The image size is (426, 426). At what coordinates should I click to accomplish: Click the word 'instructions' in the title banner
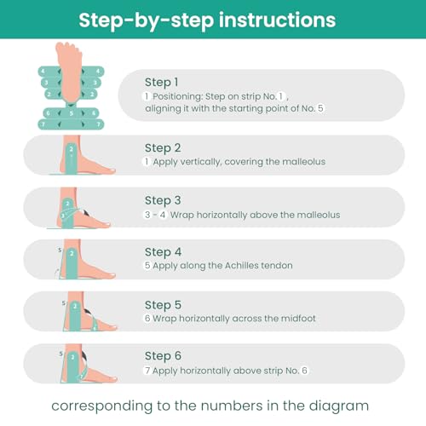click(x=278, y=20)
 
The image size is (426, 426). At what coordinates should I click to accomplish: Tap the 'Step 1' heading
click(x=162, y=83)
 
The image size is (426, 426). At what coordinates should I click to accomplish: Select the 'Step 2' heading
click(x=163, y=148)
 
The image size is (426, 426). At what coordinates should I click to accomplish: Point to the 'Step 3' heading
click(x=163, y=200)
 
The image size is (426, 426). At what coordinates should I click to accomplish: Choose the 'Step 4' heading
click(x=163, y=252)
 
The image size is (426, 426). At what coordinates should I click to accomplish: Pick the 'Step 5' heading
click(x=163, y=305)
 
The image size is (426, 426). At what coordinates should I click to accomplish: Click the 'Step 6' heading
click(x=163, y=356)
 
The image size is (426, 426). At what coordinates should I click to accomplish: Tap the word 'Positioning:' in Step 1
click(x=178, y=97)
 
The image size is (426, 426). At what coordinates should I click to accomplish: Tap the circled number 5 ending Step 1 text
click(x=320, y=108)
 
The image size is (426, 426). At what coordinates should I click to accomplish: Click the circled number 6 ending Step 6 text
click(x=304, y=371)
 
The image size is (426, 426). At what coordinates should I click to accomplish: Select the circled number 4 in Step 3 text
click(x=163, y=215)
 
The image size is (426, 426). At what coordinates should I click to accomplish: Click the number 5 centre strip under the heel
click(x=71, y=113)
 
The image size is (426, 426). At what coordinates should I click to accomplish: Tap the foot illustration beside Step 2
click(x=83, y=155)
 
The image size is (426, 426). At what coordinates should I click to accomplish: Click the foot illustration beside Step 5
click(x=87, y=312)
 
